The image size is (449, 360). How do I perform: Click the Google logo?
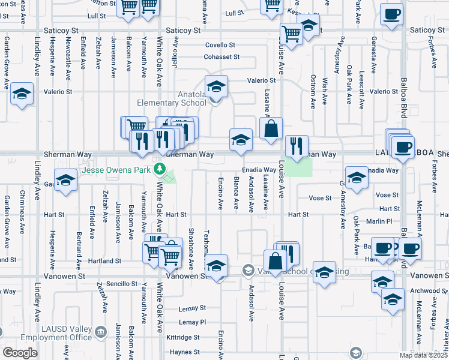coord(20,353)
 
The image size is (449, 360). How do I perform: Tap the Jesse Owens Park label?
coord(117,170)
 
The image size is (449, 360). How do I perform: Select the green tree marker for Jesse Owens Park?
coord(160,169)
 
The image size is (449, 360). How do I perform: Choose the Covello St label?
coord(220,45)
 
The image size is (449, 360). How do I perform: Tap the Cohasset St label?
coord(221,57)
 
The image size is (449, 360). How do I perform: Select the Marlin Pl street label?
coord(381,221)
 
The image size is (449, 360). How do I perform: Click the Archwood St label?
coord(428,290)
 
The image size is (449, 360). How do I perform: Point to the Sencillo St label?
coord(122,283)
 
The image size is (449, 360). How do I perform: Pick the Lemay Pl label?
coord(192,322)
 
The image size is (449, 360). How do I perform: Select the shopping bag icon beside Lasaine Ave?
coord(271,129)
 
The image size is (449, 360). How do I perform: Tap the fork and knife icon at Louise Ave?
coord(297,146)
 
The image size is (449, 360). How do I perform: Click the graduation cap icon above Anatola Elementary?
coord(216,85)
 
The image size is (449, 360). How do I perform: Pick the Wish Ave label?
coord(325,88)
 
